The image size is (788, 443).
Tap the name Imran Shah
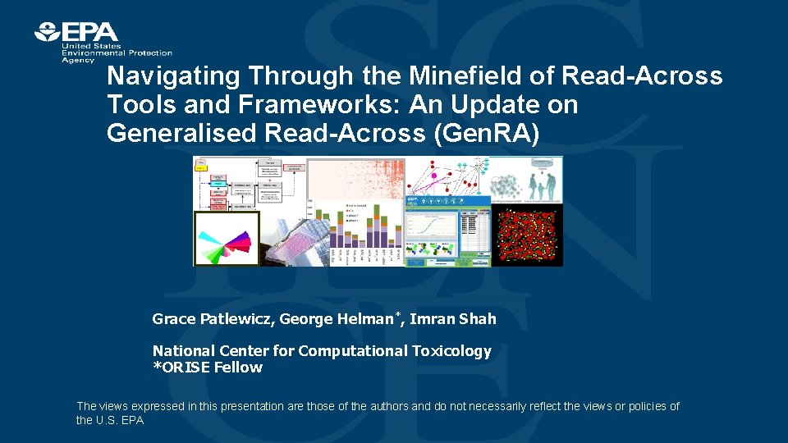[453, 318]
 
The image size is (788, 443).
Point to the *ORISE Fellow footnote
[208, 368]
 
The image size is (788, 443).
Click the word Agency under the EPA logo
[78, 59]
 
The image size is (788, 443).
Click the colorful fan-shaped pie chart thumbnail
[226, 239]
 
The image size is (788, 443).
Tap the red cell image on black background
[527, 235]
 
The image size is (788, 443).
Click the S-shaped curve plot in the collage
[430, 231]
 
